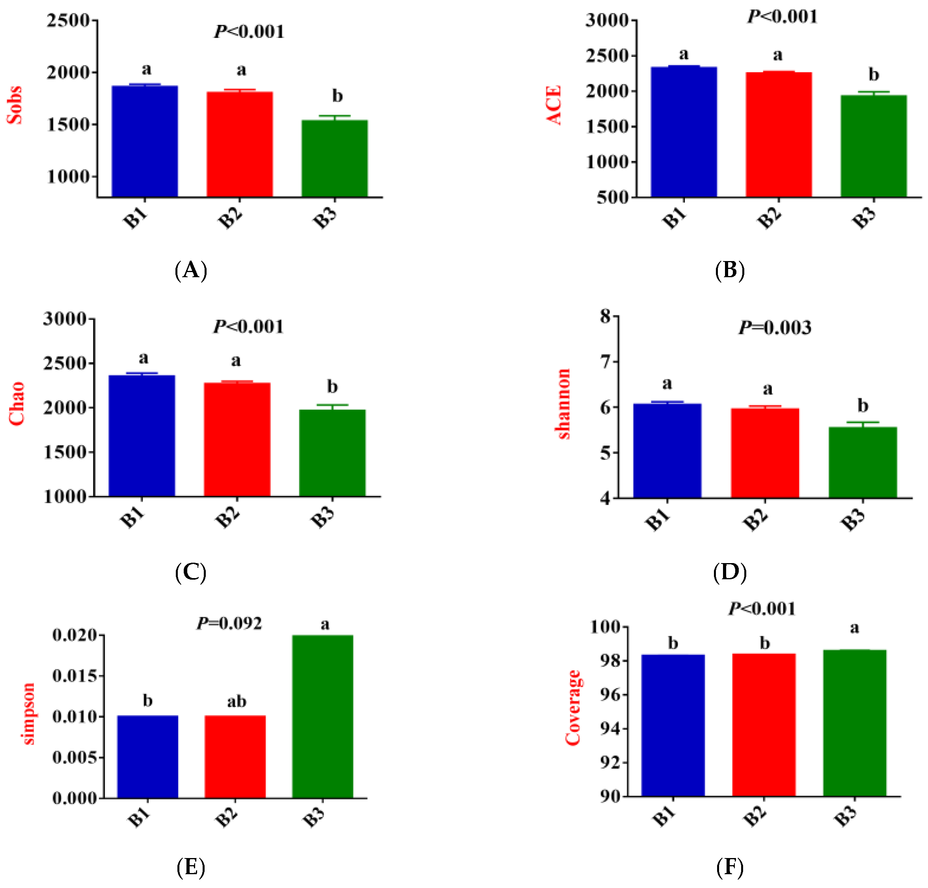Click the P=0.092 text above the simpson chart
click(x=229, y=623)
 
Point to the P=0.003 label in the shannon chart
click(x=774, y=328)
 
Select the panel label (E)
click(x=191, y=867)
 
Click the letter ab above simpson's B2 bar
click(x=236, y=701)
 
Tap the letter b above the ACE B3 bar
click(x=873, y=75)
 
